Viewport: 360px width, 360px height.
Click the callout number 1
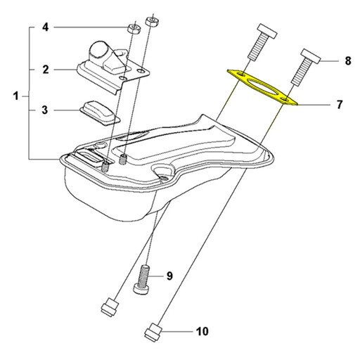point(15,96)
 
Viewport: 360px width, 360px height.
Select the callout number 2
point(46,70)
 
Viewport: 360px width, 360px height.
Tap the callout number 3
point(45,110)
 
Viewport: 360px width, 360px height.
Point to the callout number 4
point(46,27)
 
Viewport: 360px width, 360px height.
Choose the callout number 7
point(340,105)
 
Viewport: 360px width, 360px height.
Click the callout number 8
point(348,61)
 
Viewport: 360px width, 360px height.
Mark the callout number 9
point(169,276)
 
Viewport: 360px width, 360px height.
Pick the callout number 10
point(202,331)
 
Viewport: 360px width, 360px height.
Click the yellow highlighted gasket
point(262,87)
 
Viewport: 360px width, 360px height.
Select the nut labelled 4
point(134,28)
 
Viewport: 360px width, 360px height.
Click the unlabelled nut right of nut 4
point(153,22)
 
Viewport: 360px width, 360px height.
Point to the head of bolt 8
point(310,56)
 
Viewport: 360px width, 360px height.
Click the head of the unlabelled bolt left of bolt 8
point(267,31)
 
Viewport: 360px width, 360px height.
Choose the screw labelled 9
point(141,279)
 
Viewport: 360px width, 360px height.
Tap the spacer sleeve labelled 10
point(153,332)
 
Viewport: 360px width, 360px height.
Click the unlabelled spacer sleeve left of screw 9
point(110,307)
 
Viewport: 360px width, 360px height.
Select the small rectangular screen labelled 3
point(100,112)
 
